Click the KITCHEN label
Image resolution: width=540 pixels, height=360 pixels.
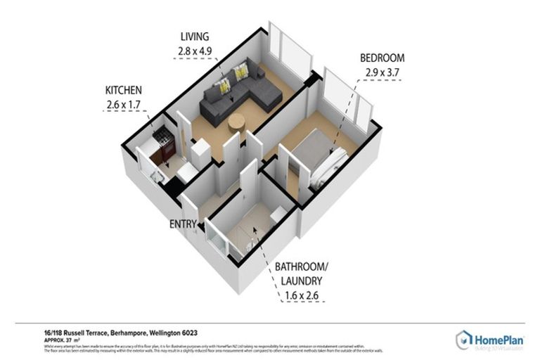coord(124,91)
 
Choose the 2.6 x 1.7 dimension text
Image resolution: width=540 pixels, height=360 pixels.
coord(124,105)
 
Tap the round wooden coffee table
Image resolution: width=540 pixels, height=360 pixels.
coord(237,122)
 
